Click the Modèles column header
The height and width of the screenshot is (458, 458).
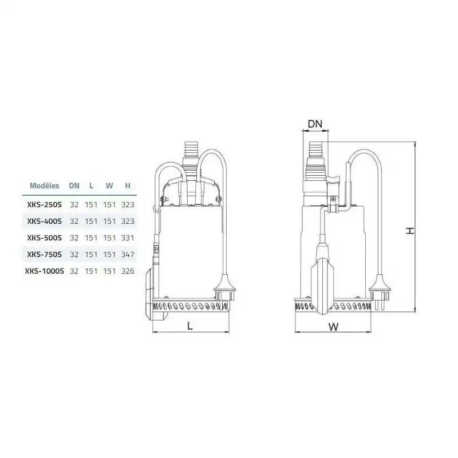click(x=45, y=185)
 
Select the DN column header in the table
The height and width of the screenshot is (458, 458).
click(x=74, y=185)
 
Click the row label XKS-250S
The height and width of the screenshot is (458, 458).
click(x=45, y=205)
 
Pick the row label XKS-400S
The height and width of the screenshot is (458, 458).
click(x=45, y=222)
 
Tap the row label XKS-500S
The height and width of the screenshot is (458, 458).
click(x=45, y=238)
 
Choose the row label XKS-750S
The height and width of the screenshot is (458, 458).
click(x=45, y=255)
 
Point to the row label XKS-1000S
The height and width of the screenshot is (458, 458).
click(x=45, y=271)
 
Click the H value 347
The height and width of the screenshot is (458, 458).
click(x=128, y=255)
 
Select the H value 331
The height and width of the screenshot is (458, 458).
click(x=128, y=238)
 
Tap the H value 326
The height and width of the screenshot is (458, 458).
click(x=128, y=271)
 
